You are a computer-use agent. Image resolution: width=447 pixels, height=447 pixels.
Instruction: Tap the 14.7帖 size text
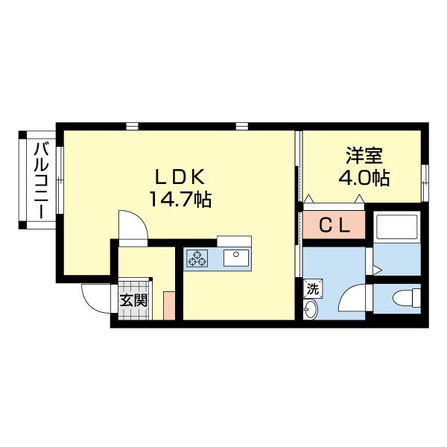pyautogui.click(x=180, y=199)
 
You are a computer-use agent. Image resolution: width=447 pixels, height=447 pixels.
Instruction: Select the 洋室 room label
pyautogui.click(x=364, y=156)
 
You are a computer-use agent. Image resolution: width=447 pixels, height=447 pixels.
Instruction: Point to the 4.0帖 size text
pyautogui.click(x=364, y=179)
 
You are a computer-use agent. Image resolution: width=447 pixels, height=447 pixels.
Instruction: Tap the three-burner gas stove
pyautogui.click(x=199, y=258)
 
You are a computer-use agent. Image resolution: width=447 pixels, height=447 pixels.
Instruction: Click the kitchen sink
pyautogui.click(x=236, y=258)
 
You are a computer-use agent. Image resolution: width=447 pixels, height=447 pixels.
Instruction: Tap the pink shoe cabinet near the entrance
pyautogui.click(x=169, y=305)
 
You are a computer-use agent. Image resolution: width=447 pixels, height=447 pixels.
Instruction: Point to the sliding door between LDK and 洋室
pyautogui.click(x=299, y=164)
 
